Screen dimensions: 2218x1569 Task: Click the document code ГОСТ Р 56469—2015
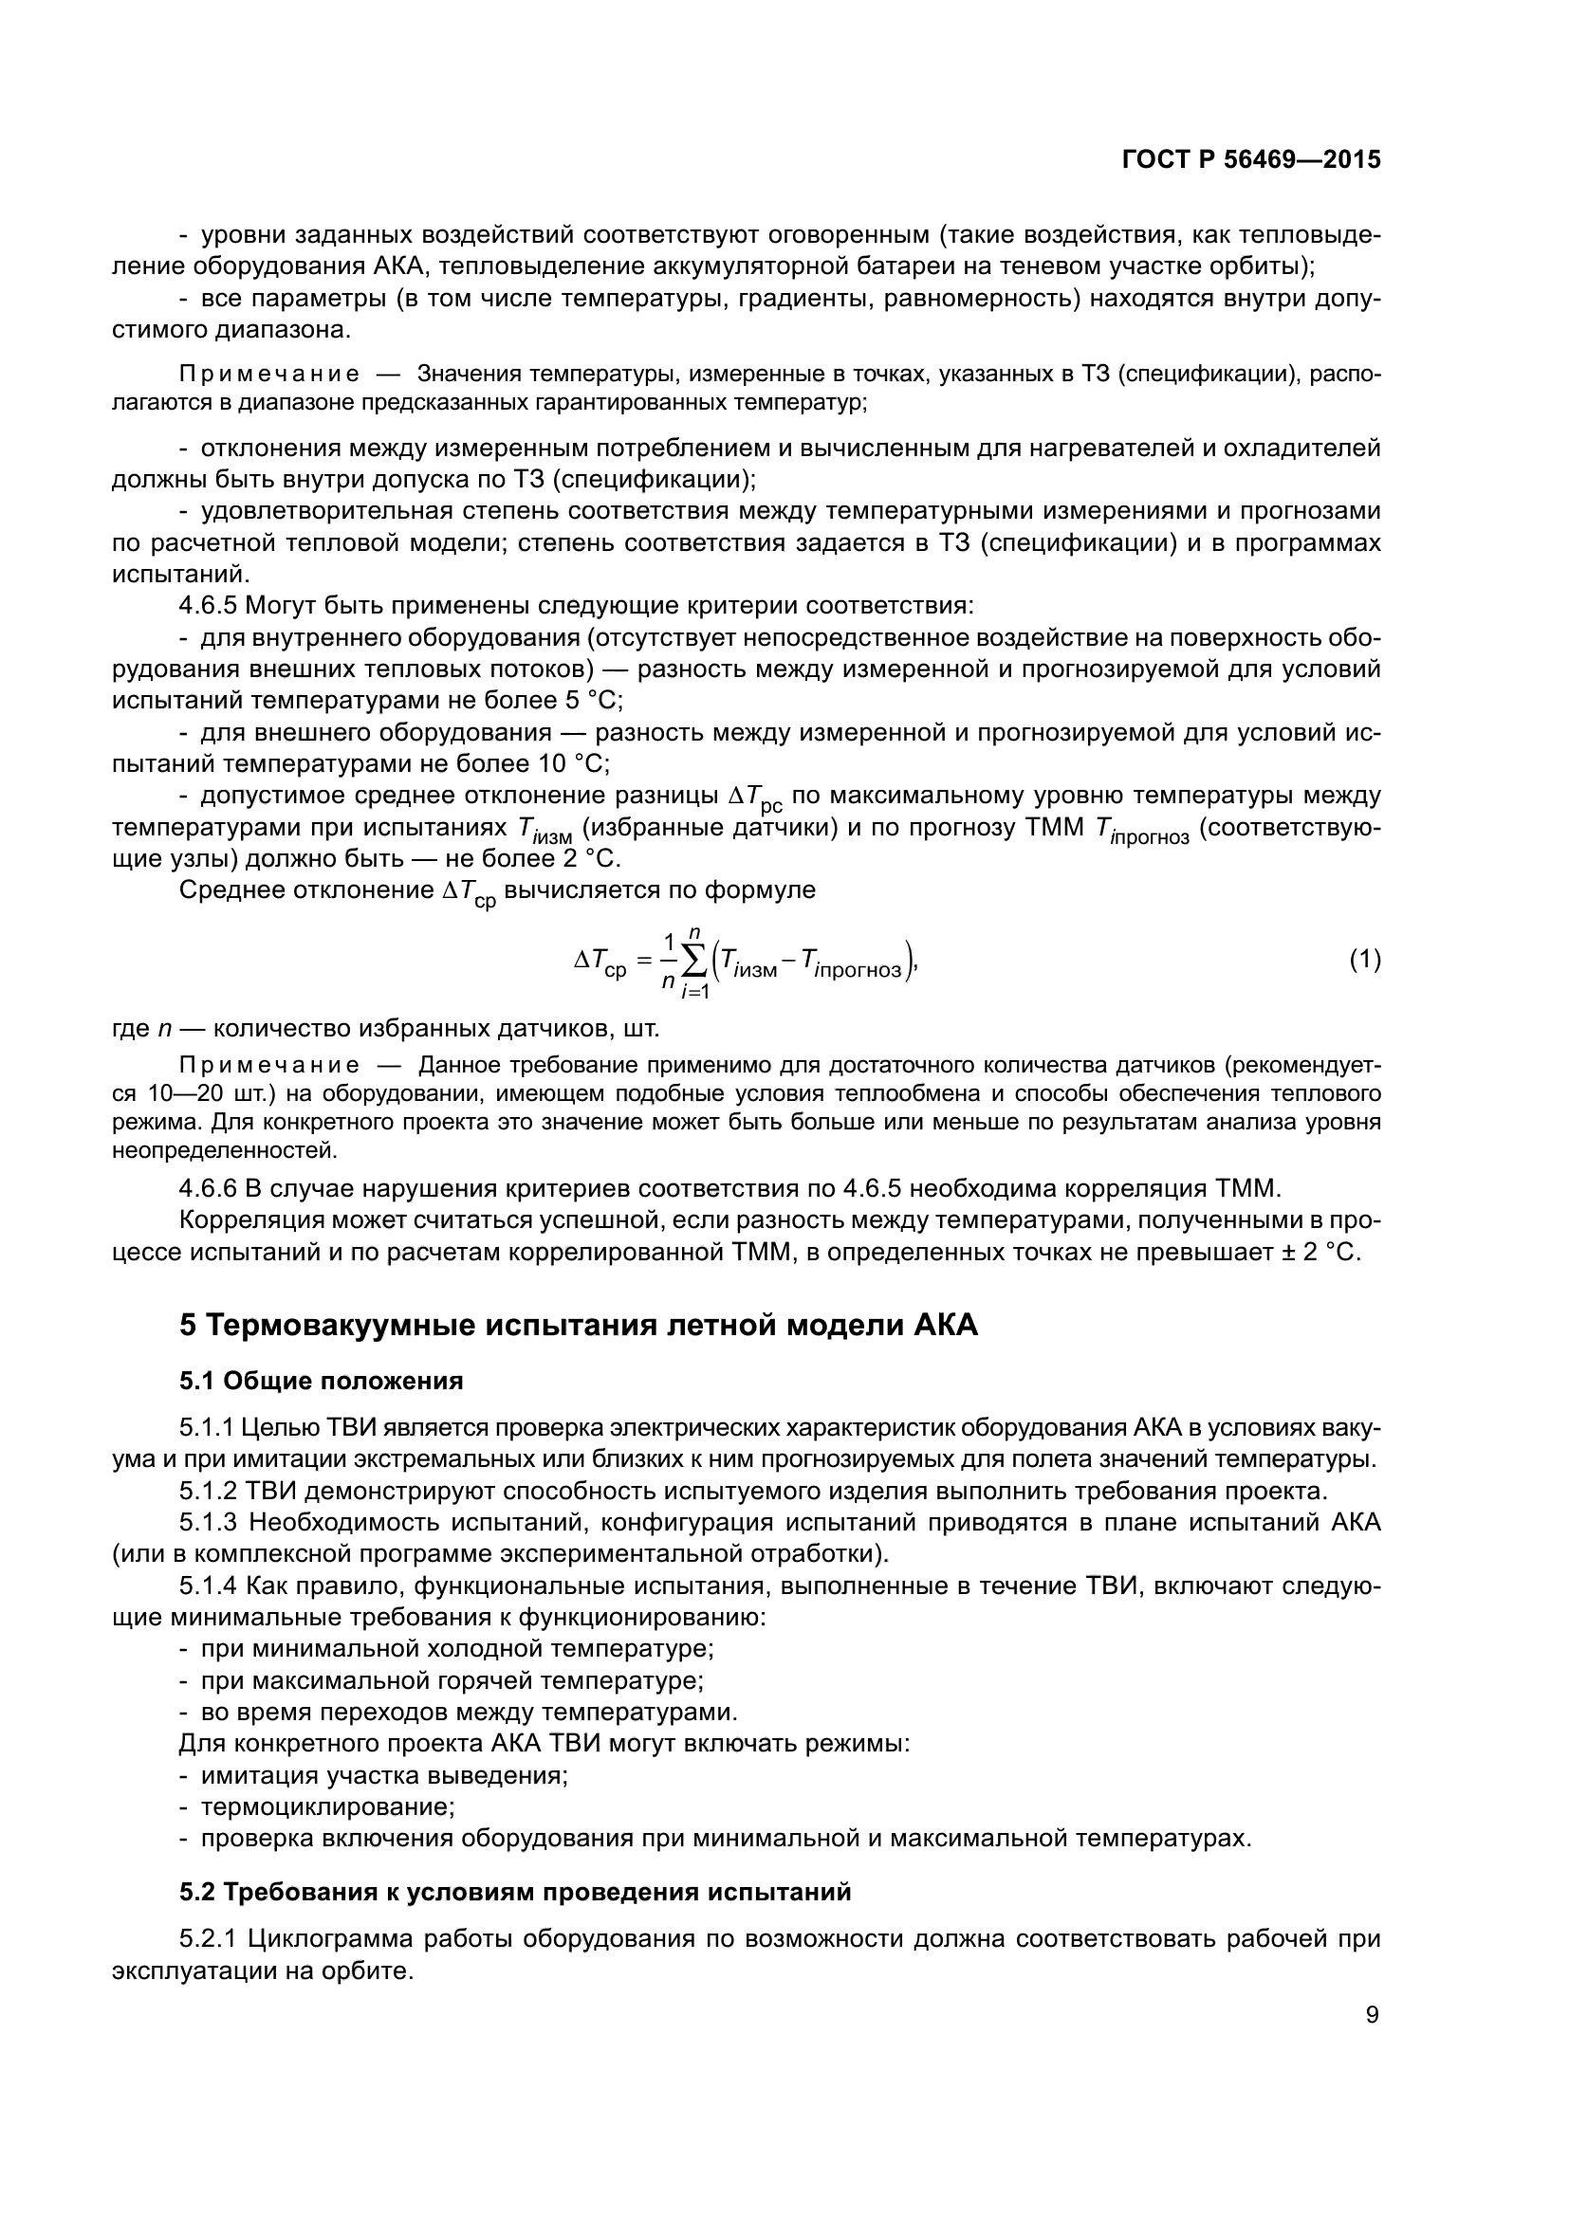pos(1250,160)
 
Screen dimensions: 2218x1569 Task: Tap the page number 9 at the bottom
pos(1372,2014)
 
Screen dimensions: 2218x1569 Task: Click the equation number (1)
pos(1364,960)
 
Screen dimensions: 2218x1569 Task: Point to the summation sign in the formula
pos(692,961)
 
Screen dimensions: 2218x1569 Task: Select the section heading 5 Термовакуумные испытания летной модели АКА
pos(578,1325)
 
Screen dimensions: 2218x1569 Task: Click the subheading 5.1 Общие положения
pos(321,1381)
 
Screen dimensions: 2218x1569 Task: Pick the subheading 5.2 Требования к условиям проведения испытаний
pos(515,1892)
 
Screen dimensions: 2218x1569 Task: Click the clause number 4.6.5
pos(208,606)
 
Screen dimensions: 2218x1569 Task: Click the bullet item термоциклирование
pos(327,1806)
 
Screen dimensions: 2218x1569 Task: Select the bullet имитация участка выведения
pos(383,1774)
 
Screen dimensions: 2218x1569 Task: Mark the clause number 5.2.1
pos(208,1939)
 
